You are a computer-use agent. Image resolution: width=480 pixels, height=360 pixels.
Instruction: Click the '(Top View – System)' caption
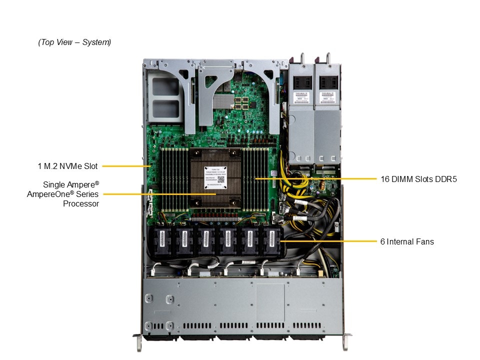point(74,42)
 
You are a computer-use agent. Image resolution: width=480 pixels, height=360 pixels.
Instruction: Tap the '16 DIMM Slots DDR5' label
point(418,178)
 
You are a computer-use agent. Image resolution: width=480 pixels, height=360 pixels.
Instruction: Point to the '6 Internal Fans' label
point(406,241)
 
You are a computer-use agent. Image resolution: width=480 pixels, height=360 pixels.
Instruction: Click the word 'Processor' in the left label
point(81,203)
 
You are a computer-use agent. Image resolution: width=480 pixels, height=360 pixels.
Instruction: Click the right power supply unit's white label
point(327,96)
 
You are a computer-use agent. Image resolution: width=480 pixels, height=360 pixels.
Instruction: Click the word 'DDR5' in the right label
point(447,178)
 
